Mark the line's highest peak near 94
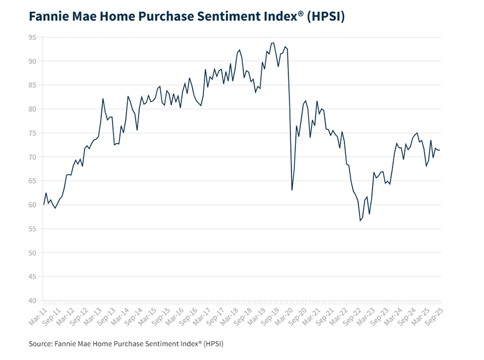(x=274, y=43)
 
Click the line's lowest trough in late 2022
(x=360, y=220)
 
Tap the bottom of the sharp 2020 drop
(x=292, y=190)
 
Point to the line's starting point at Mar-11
(x=44, y=204)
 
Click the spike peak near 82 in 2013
(x=103, y=99)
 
